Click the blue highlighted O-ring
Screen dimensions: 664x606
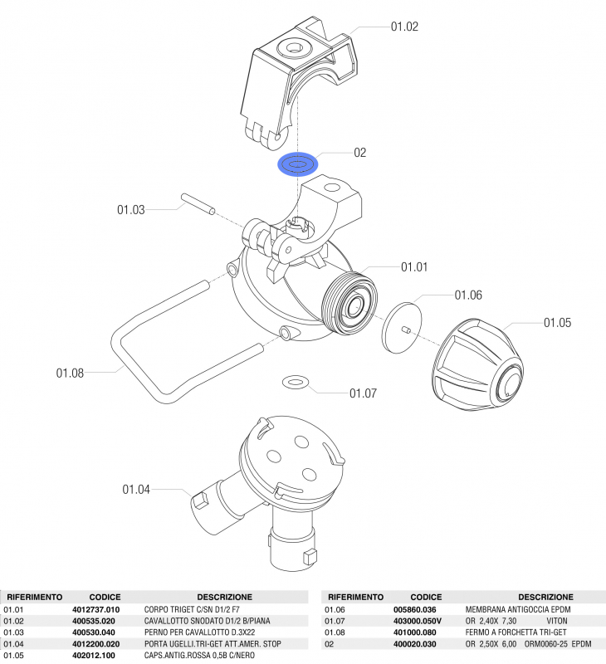[x=297, y=165]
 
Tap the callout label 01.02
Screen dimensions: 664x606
[x=404, y=27]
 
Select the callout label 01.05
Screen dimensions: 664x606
[x=557, y=322]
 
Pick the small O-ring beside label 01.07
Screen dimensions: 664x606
[x=296, y=382]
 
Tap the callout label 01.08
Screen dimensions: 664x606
[x=70, y=373]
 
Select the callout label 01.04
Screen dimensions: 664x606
[x=136, y=489]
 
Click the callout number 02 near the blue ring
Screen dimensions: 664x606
[x=360, y=153]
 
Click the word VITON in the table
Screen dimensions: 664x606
[x=558, y=621]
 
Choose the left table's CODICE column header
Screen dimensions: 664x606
[x=105, y=597]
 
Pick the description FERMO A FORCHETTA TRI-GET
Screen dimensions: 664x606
[x=512, y=632]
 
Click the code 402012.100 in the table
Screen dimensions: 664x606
[x=94, y=656]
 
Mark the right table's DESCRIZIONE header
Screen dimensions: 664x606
[x=545, y=597]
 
